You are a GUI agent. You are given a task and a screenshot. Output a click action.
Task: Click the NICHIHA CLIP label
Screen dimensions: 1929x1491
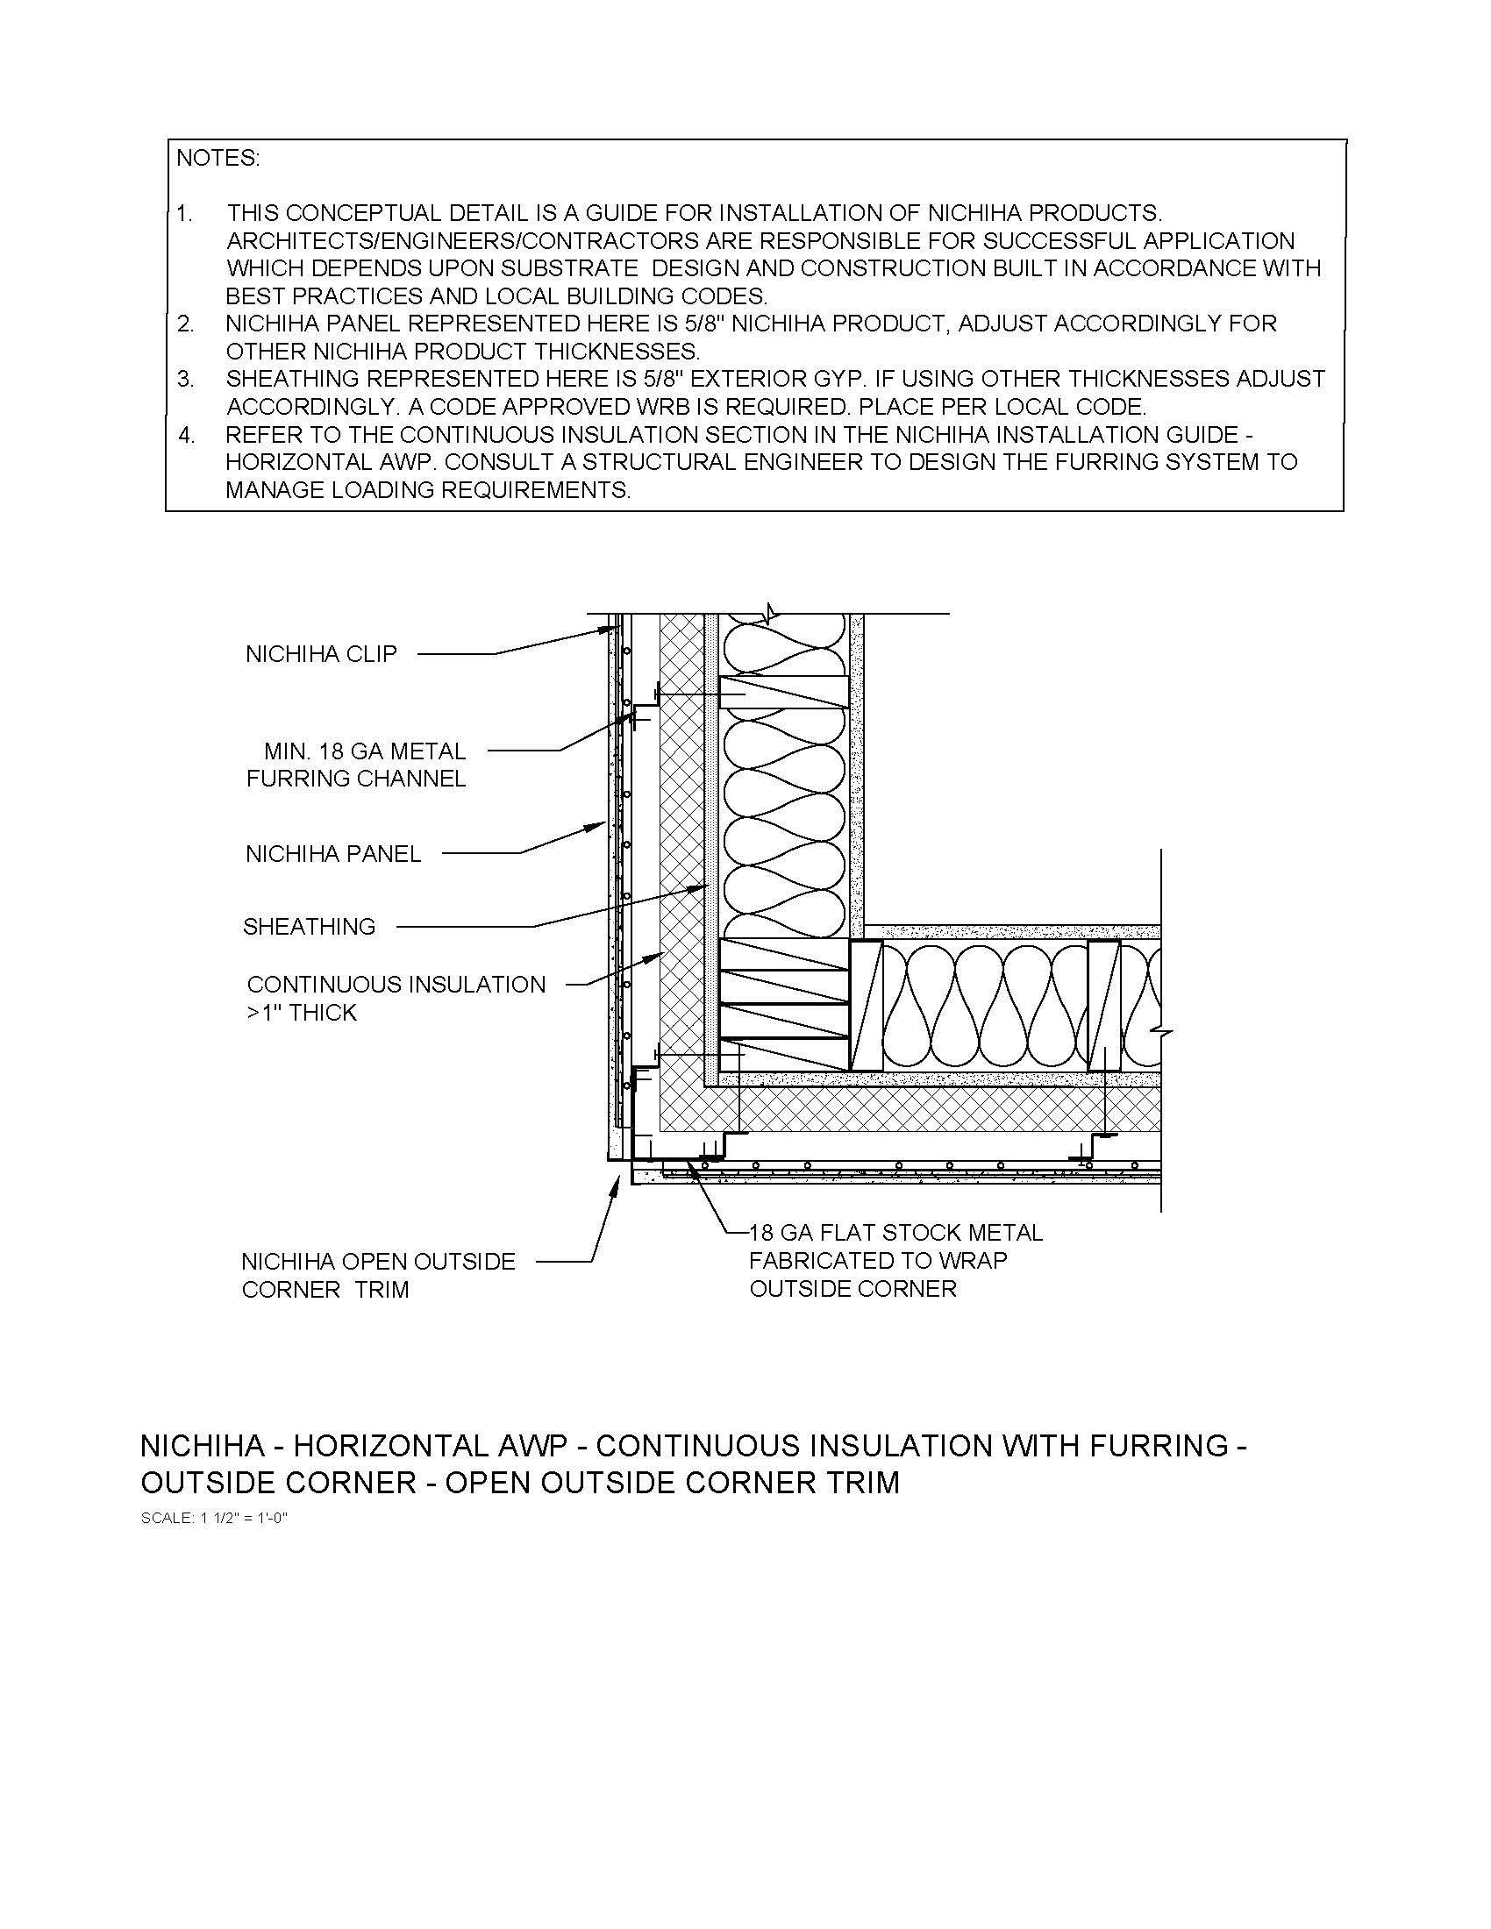tap(321, 653)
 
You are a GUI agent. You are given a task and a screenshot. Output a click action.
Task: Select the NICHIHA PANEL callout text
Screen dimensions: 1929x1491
tap(333, 854)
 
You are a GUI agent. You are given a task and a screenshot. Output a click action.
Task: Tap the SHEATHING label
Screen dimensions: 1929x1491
tap(309, 927)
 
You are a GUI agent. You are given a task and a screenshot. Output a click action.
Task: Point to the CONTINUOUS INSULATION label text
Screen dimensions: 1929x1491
tap(396, 985)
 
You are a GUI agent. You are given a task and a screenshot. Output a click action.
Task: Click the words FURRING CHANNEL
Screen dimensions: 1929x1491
tap(355, 779)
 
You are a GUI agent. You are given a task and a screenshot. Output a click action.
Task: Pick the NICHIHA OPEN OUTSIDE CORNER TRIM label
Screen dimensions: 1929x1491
tap(377, 1275)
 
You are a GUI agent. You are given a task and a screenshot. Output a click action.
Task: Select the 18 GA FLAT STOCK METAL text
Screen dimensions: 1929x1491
tap(895, 1233)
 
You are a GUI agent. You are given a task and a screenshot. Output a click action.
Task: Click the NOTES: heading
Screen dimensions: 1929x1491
tap(218, 159)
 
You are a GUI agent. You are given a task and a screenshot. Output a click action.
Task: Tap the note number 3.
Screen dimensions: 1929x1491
tap(184, 379)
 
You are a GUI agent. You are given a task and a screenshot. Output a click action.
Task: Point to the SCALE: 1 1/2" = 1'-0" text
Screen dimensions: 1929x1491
tap(215, 1519)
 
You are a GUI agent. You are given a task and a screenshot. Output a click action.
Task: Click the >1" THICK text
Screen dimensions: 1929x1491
tap(301, 1013)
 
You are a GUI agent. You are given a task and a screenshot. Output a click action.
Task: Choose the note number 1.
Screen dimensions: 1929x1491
tap(183, 214)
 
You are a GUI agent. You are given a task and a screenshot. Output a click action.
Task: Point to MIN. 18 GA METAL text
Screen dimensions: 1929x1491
tap(365, 751)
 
